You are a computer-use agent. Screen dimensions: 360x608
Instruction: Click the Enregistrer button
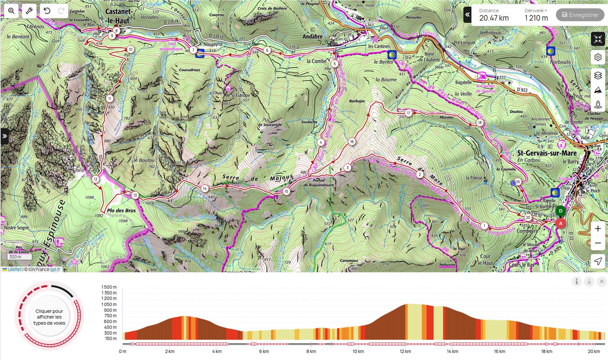(x=580, y=15)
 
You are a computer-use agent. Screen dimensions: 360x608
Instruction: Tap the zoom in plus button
(x=598, y=229)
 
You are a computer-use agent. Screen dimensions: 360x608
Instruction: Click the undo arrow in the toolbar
(x=47, y=11)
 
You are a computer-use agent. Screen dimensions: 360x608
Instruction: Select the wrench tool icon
(x=29, y=11)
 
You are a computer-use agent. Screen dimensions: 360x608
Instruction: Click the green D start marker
(x=561, y=211)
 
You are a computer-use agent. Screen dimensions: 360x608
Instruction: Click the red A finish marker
(x=561, y=223)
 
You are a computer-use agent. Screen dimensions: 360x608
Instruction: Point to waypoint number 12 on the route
(x=96, y=179)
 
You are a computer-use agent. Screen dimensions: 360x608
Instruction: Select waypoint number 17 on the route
(x=408, y=113)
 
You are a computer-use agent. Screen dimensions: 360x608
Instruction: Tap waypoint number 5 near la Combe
(x=334, y=64)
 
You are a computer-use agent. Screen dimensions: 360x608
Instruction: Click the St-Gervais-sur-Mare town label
(x=546, y=153)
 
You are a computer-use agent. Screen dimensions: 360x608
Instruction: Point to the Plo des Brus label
(x=121, y=210)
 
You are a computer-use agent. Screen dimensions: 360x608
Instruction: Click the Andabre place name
(x=313, y=36)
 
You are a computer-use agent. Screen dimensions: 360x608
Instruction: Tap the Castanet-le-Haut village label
(x=118, y=16)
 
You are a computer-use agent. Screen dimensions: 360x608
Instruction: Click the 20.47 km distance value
(x=494, y=18)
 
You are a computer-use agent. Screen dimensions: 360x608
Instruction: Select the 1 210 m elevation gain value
(x=536, y=18)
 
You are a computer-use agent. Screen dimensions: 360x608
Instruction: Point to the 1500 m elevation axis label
(x=109, y=287)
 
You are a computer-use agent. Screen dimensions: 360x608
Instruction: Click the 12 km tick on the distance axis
(x=405, y=351)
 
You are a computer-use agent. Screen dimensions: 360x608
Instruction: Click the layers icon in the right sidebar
(x=598, y=75)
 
